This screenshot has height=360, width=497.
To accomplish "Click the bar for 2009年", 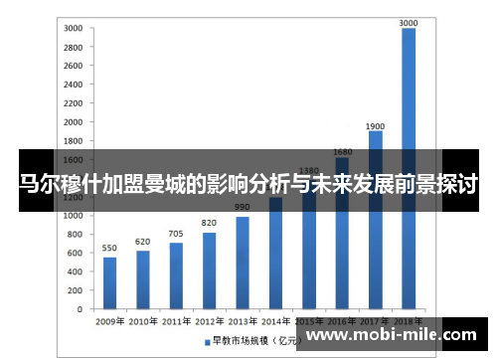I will coord(109,282).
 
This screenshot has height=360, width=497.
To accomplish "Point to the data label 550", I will coord(109,248).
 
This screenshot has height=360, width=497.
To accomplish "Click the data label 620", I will coord(143,241).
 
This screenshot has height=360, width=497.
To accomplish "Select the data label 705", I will coord(176,234).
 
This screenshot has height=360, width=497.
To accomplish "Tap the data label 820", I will coord(209,223).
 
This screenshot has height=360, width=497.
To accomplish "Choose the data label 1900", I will coord(375,126).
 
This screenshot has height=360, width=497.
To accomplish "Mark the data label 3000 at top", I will coord(409,21).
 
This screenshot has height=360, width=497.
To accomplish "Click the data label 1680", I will coord(342,151).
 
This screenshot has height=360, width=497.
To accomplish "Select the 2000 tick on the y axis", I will coord(73,121).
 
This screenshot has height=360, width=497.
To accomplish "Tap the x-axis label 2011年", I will coord(176,322).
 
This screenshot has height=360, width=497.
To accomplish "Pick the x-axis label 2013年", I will coord(242,322).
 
